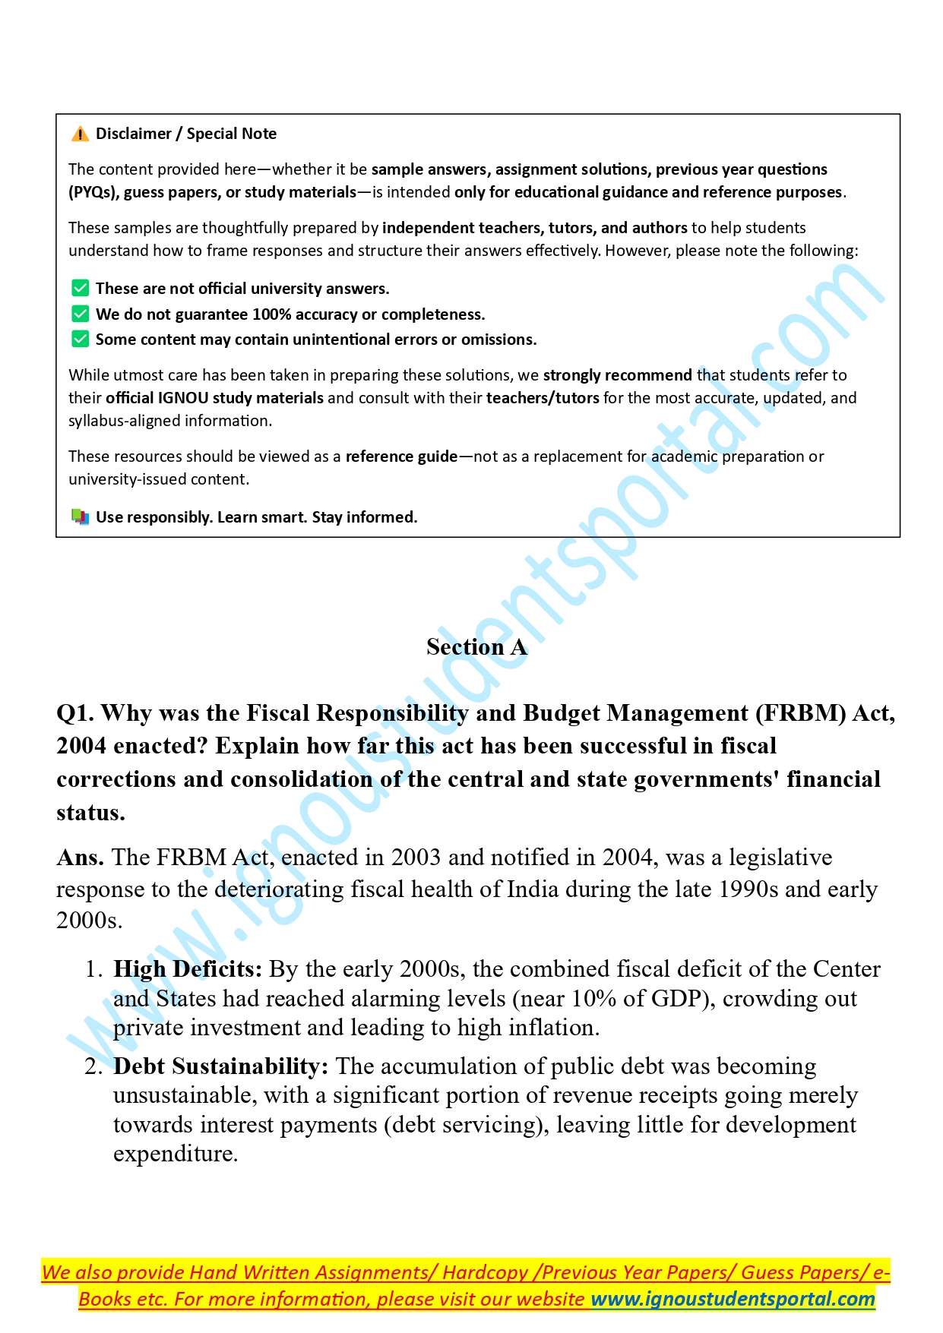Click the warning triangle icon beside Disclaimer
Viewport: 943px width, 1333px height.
click(80, 134)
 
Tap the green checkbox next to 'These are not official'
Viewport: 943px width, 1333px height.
click(80, 288)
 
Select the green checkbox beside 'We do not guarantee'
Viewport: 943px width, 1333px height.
click(80, 314)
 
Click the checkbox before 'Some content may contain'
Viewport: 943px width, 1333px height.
click(80, 339)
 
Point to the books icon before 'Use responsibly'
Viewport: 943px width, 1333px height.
click(80, 517)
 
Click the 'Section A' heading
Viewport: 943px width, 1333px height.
click(476, 647)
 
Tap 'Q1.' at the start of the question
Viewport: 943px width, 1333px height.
click(75, 713)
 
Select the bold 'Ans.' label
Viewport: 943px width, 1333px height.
click(80, 858)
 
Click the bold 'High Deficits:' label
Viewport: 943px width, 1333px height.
click(187, 969)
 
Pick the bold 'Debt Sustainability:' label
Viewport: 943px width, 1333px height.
click(220, 1066)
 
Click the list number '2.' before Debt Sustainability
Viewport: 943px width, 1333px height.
click(93, 1066)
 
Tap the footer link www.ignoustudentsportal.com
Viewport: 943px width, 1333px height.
click(733, 1299)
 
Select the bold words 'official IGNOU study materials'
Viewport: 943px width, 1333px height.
click(214, 398)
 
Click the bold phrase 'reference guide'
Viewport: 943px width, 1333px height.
click(401, 456)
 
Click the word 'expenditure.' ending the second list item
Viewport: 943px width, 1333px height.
click(176, 1154)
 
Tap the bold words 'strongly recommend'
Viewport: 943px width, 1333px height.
click(617, 375)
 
